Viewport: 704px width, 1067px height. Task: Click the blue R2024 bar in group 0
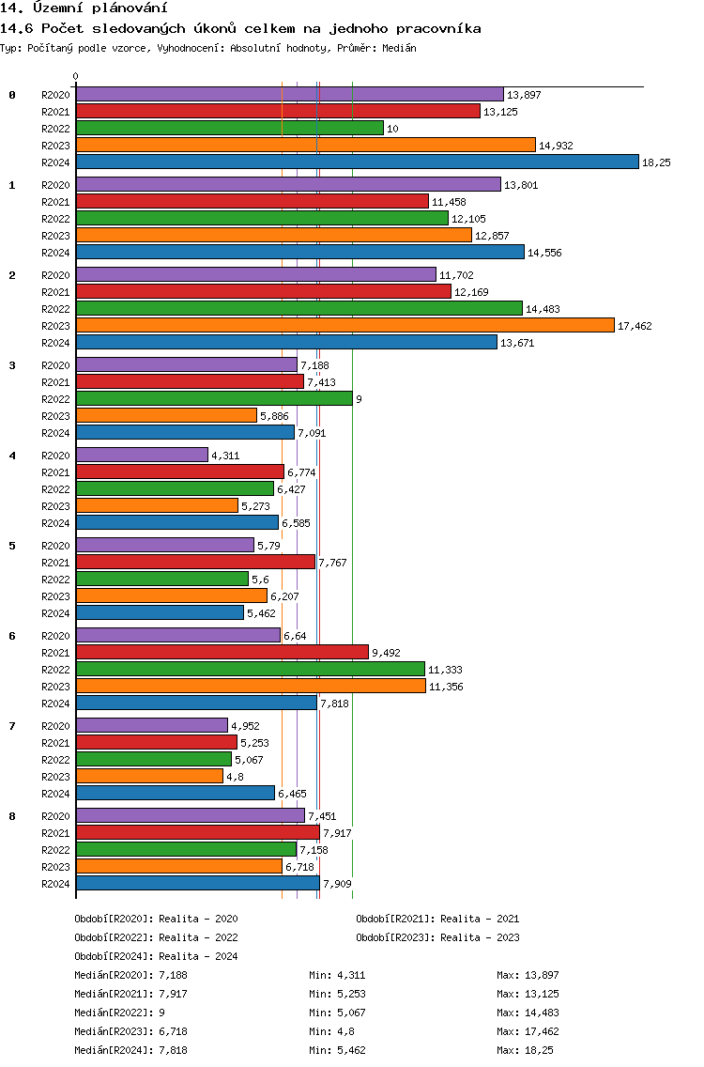[358, 162]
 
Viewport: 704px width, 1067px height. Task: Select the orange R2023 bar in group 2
[345, 325]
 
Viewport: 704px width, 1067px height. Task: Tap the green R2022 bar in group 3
[214, 399]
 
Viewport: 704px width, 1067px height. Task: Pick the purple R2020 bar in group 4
[142, 456]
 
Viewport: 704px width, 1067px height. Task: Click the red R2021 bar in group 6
[222, 653]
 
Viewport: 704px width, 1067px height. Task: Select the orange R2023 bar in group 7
[149, 777]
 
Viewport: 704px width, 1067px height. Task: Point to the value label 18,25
[656, 162]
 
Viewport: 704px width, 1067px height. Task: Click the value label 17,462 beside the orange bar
[635, 326]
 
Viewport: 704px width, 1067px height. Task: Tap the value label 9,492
[387, 653]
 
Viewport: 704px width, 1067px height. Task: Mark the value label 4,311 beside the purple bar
[226, 456]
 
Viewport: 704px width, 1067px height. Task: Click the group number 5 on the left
[12, 546]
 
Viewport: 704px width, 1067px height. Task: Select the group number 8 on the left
[12, 816]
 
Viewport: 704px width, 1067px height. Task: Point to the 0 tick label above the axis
[75, 76]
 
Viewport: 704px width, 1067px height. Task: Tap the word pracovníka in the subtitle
[438, 28]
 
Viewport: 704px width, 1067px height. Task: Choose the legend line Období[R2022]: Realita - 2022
[157, 937]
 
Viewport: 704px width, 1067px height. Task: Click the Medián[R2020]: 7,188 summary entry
[130, 975]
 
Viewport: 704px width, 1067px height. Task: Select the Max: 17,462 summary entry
[528, 1031]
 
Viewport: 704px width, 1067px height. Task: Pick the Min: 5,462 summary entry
[337, 1050]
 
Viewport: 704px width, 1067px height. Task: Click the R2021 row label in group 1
[55, 202]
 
